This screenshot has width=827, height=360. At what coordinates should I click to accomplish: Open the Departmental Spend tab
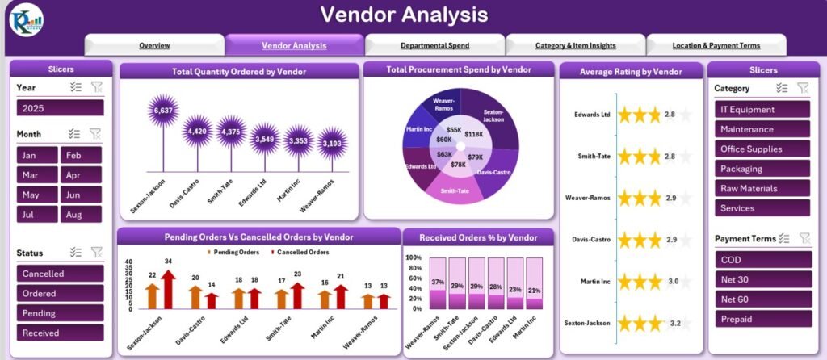coord(434,45)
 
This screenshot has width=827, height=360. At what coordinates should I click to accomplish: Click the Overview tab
coord(154,45)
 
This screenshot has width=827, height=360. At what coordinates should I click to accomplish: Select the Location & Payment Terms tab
coord(716,45)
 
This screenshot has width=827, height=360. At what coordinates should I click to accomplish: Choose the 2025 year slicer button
coord(60,108)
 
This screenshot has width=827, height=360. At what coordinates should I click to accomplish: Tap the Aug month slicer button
coord(82,215)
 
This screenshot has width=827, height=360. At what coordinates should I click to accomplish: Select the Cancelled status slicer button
coord(60,274)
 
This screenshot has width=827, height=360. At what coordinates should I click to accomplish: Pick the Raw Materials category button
coord(762,188)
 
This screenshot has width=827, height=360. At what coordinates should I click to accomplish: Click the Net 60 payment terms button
coord(762,299)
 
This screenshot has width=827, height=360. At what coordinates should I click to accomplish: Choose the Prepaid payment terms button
coord(762,319)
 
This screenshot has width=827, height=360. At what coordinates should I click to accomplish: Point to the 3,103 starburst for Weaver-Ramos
coord(332,144)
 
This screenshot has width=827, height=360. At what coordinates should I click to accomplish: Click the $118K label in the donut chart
coord(474,134)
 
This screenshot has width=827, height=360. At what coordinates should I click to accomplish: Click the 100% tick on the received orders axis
coord(413,258)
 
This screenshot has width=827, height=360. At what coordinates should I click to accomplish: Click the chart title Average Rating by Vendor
coord(631,71)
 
